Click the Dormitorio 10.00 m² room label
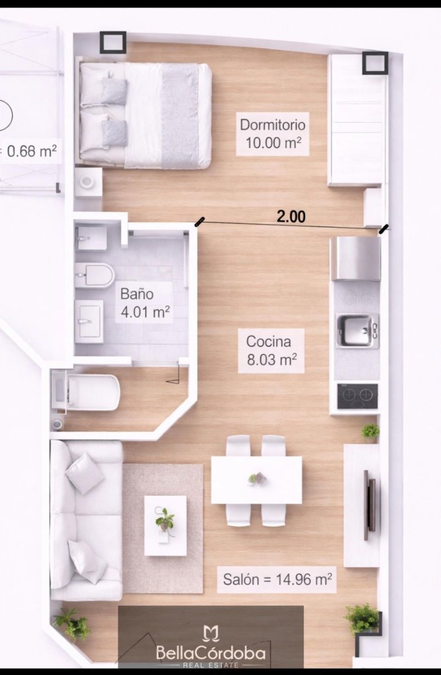pos(273,133)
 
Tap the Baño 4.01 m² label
pos(145,303)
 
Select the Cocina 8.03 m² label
pos(271,351)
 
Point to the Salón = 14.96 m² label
pos(277,579)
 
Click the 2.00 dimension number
pos(291,216)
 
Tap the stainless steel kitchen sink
pos(356,331)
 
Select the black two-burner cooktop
pos(357,396)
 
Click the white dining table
pos(256,480)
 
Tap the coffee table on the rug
pos(165,525)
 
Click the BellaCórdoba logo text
pos(211,653)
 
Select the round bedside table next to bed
pos(88,182)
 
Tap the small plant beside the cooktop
pos(370,431)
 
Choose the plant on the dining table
pos(257,478)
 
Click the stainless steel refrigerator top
pos(356,258)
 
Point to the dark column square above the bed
pos(113,42)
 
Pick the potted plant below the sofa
pos(72,625)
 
